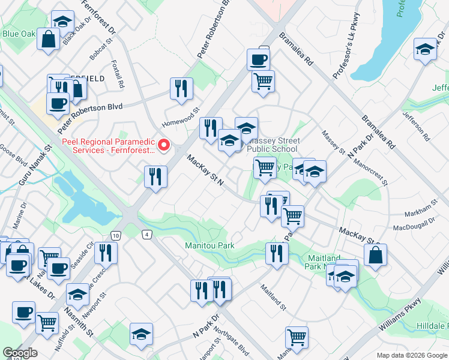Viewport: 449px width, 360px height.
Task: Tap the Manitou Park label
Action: pyautogui.click(x=209, y=245)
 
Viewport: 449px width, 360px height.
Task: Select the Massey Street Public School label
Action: pyautogui.click(x=272, y=145)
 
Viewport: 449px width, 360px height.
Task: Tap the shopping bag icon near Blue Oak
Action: pyautogui.click(x=47, y=40)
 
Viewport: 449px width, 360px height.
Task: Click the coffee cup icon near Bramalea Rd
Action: pyautogui.click(x=258, y=59)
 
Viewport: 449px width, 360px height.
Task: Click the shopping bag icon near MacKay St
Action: pyautogui.click(x=375, y=254)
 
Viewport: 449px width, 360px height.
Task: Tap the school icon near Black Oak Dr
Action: pyautogui.click(x=62, y=22)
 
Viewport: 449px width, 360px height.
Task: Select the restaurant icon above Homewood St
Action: pyautogui.click(x=181, y=89)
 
